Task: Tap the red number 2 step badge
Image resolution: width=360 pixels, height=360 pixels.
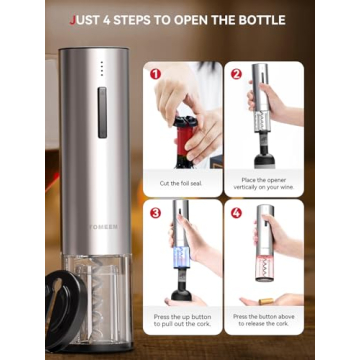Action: click(237, 72)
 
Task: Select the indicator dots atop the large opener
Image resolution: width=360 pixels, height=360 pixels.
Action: click(101, 68)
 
